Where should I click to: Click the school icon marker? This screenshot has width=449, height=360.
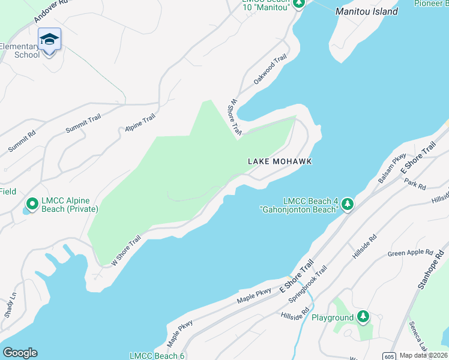pyautogui.click(x=49, y=40)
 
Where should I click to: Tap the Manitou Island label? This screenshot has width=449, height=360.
pyautogui.click(x=366, y=11)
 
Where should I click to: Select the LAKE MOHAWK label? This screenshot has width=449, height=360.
pyautogui.click(x=280, y=161)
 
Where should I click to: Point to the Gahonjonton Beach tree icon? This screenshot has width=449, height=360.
pyautogui.click(x=347, y=205)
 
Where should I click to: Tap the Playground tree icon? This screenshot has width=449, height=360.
pyautogui.click(x=363, y=316)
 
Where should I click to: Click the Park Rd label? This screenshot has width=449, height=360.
pyautogui.click(x=415, y=182)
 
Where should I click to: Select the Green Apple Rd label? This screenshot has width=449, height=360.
pyautogui.click(x=411, y=253)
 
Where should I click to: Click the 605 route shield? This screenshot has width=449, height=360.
pyautogui.click(x=390, y=355)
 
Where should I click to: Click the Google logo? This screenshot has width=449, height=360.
pyautogui.click(x=20, y=353)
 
